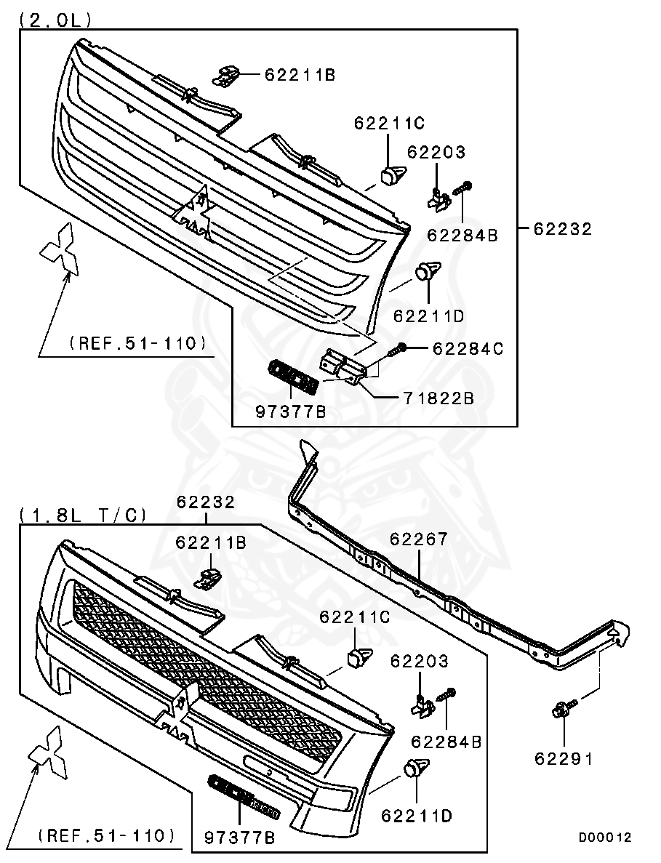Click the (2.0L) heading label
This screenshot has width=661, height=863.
(55, 20)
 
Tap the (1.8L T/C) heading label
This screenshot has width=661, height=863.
(84, 515)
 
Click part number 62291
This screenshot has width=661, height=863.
(564, 758)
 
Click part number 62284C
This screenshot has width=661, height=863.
(468, 349)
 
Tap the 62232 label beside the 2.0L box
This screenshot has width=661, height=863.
(563, 228)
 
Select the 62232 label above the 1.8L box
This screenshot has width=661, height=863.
(207, 502)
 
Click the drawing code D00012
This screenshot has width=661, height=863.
(605, 837)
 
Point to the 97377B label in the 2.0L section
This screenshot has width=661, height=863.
(290, 412)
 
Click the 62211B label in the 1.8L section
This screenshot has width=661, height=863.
(211, 542)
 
